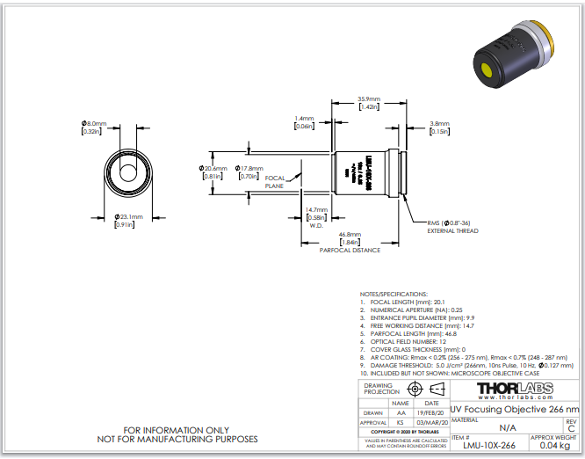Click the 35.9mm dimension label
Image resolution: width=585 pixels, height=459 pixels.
click(x=368, y=98)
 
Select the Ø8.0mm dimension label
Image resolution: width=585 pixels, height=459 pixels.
click(x=94, y=124)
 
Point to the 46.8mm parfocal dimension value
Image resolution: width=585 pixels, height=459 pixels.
click(x=350, y=235)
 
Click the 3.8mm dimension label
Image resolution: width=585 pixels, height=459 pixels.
click(x=440, y=124)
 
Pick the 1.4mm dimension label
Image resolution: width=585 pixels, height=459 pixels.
click(x=305, y=118)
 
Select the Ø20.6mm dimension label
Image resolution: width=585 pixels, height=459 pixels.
click(x=214, y=168)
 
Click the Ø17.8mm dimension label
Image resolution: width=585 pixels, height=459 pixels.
click(x=250, y=168)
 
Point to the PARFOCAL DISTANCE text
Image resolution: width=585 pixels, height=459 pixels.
click(x=350, y=251)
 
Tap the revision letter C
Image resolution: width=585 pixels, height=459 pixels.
click(x=571, y=427)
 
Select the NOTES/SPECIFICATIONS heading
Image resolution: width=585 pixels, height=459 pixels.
click(x=394, y=294)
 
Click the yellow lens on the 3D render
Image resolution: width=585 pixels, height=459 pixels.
click(x=487, y=69)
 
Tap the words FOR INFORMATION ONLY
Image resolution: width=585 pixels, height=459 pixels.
click(x=183, y=430)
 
